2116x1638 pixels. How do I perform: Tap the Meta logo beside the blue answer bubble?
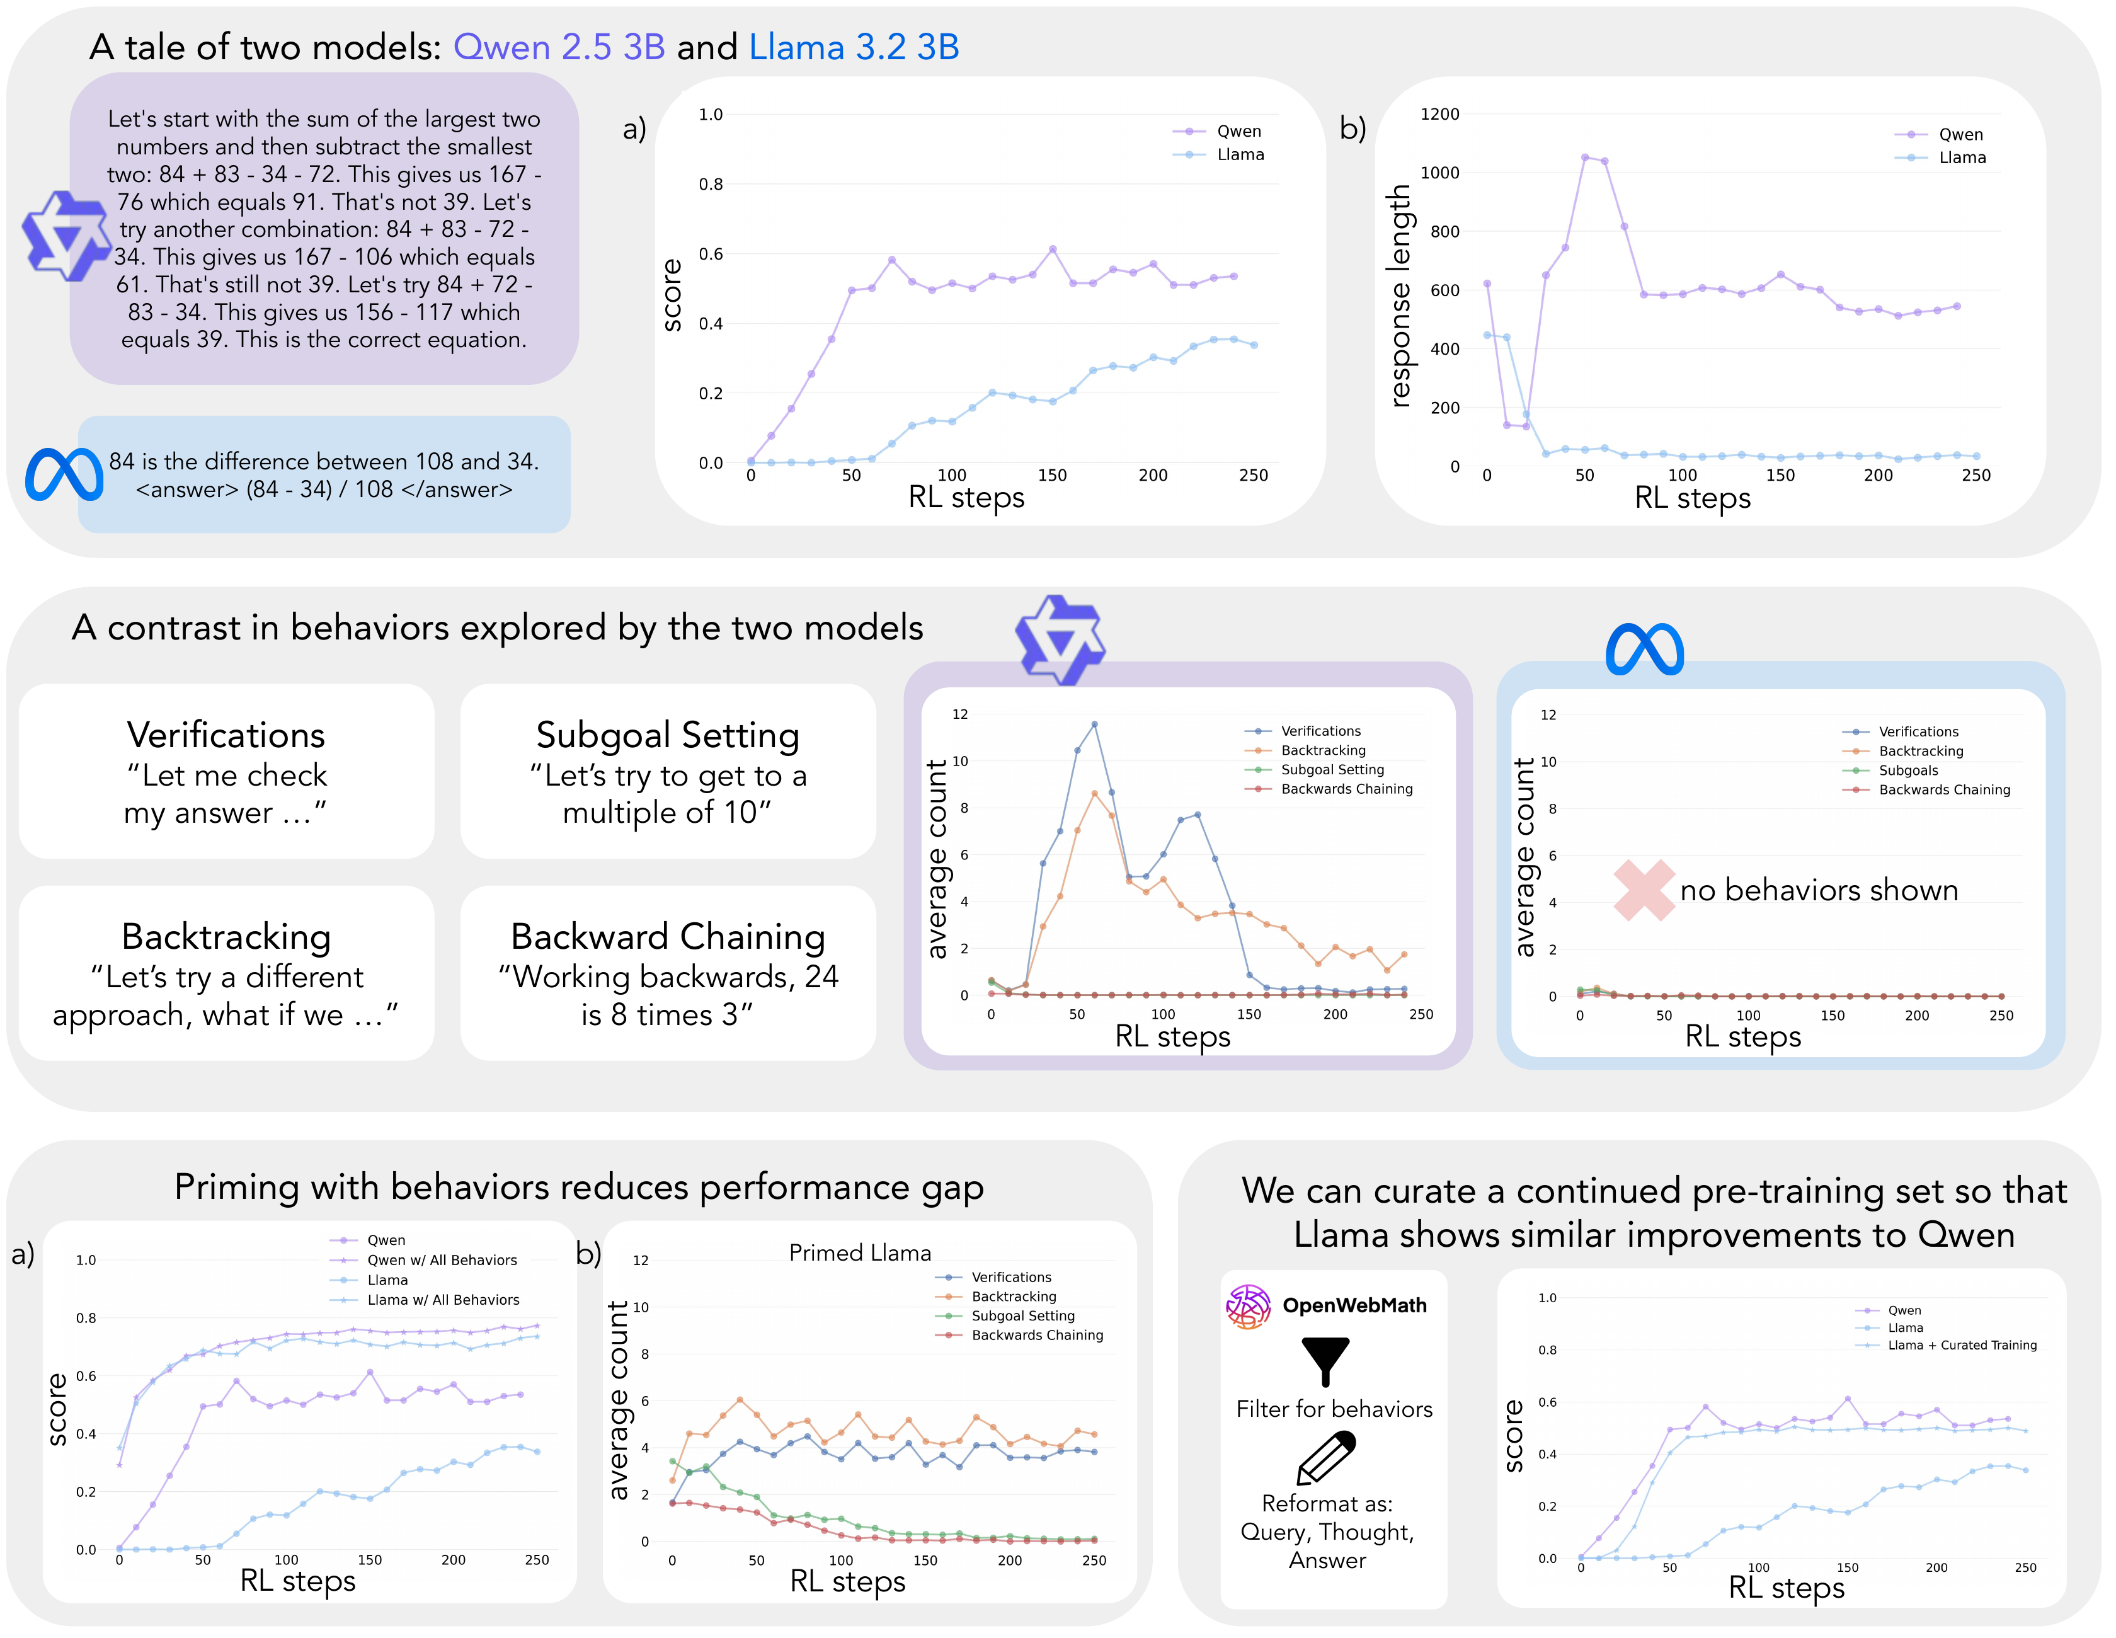[x=64, y=474]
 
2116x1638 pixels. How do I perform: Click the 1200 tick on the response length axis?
[x=1439, y=114]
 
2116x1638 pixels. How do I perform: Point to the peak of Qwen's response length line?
[x=1584, y=157]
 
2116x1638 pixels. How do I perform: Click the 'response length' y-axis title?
[x=1399, y=295]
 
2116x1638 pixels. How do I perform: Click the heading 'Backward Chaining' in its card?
[x=668, y=937]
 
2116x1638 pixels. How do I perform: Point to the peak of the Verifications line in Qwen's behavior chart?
[x=1094, y=724]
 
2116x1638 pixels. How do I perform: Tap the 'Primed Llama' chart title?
[x=859, y=1252]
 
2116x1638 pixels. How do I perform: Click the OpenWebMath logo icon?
[x=1248, y=1307]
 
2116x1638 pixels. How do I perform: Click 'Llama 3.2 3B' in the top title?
[x=854, y=47]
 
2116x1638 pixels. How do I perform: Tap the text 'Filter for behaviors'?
[x=1333, y=1409]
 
